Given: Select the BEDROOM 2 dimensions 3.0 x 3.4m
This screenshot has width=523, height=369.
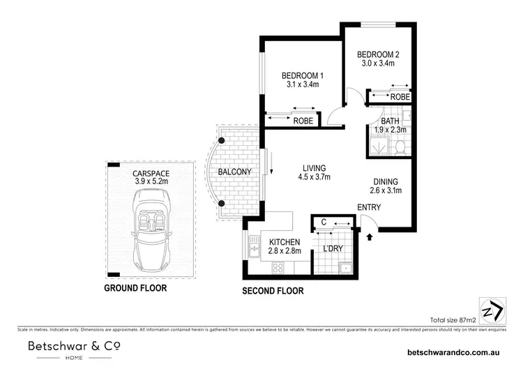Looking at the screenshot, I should (377, 63).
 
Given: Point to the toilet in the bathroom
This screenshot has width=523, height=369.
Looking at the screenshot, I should (400, 147).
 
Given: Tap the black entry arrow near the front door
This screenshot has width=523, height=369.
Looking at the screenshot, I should (370, 237).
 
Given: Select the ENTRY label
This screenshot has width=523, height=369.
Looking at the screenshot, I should (369, 208).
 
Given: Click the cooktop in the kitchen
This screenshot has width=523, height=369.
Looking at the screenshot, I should (279, 266).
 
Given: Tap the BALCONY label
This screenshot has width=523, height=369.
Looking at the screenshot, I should (234, 172).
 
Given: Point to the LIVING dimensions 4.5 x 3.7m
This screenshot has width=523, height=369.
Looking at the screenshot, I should (316, 177).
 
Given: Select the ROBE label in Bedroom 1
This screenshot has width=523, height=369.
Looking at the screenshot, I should (302, 121).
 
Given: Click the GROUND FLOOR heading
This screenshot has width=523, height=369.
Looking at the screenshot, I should (135, 287).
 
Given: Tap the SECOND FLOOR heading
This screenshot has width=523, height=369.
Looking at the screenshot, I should (271, 291).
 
